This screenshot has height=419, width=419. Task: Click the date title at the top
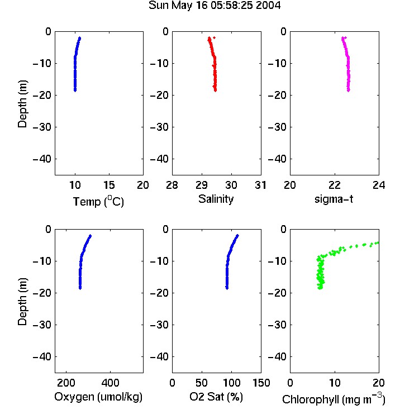tap(215, 5)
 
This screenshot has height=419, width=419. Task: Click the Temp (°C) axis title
tap(98, 201)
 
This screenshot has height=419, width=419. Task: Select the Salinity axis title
tap(216, 199)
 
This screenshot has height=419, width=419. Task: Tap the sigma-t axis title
tap(334, 199)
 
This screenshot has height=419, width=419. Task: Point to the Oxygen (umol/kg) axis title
tap(98, 397)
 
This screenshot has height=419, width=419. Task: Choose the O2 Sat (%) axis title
tap(216, 397)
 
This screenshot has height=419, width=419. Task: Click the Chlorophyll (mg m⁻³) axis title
tap(334, 399)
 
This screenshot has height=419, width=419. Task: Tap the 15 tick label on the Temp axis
tap(109, 185)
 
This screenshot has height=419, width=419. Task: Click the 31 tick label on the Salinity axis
tap(260, 185)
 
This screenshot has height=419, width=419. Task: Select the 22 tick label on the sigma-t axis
tap(335, 185)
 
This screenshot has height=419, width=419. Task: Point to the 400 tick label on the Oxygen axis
tap(110, 383)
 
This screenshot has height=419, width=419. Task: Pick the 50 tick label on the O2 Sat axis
tap(202, 383)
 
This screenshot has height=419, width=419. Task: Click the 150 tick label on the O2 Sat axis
tap(261, 383)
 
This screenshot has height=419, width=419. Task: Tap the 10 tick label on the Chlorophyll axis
tap(335, 383)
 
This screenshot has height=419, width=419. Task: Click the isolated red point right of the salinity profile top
tap(215, 37)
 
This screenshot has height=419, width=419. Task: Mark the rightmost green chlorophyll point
tap(377, 242)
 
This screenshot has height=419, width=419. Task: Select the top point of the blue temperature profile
tap(80, 38)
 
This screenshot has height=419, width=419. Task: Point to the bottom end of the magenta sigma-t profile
tap(349, 91)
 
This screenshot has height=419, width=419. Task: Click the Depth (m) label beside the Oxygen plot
tap(22, 302)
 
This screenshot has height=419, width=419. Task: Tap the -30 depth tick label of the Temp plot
tap(42, 127)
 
